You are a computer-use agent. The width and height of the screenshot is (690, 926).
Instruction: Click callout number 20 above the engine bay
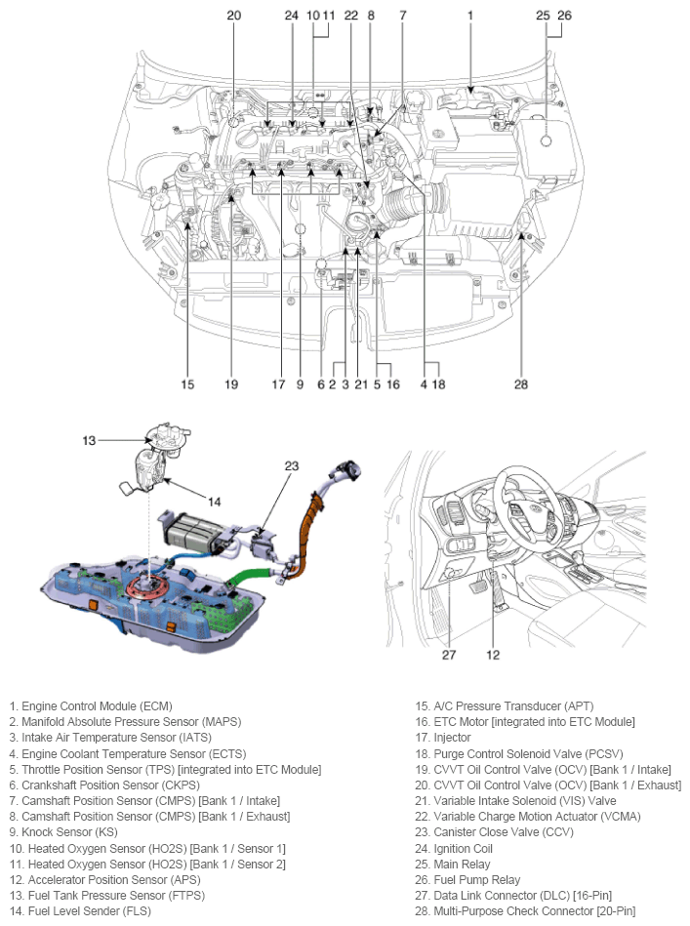coord(233,15)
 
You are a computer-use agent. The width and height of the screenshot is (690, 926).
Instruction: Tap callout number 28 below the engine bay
coord(521,383)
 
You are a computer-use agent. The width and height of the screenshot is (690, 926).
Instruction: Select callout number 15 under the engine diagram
coord(187,383)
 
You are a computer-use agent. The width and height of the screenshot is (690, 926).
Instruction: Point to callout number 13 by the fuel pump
coord(89,441)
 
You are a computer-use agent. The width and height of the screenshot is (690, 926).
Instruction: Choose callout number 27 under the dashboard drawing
coord(449,655)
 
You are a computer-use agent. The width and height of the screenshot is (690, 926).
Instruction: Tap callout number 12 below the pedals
coord(494,655)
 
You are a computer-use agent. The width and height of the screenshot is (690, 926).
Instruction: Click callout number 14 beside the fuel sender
coord(215,501)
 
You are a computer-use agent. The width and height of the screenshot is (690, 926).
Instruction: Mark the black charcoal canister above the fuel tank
coord(185,532)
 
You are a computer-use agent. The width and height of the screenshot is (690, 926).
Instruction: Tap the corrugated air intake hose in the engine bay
coord(402,205)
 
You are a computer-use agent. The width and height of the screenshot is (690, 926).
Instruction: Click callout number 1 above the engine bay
coord(469,15)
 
